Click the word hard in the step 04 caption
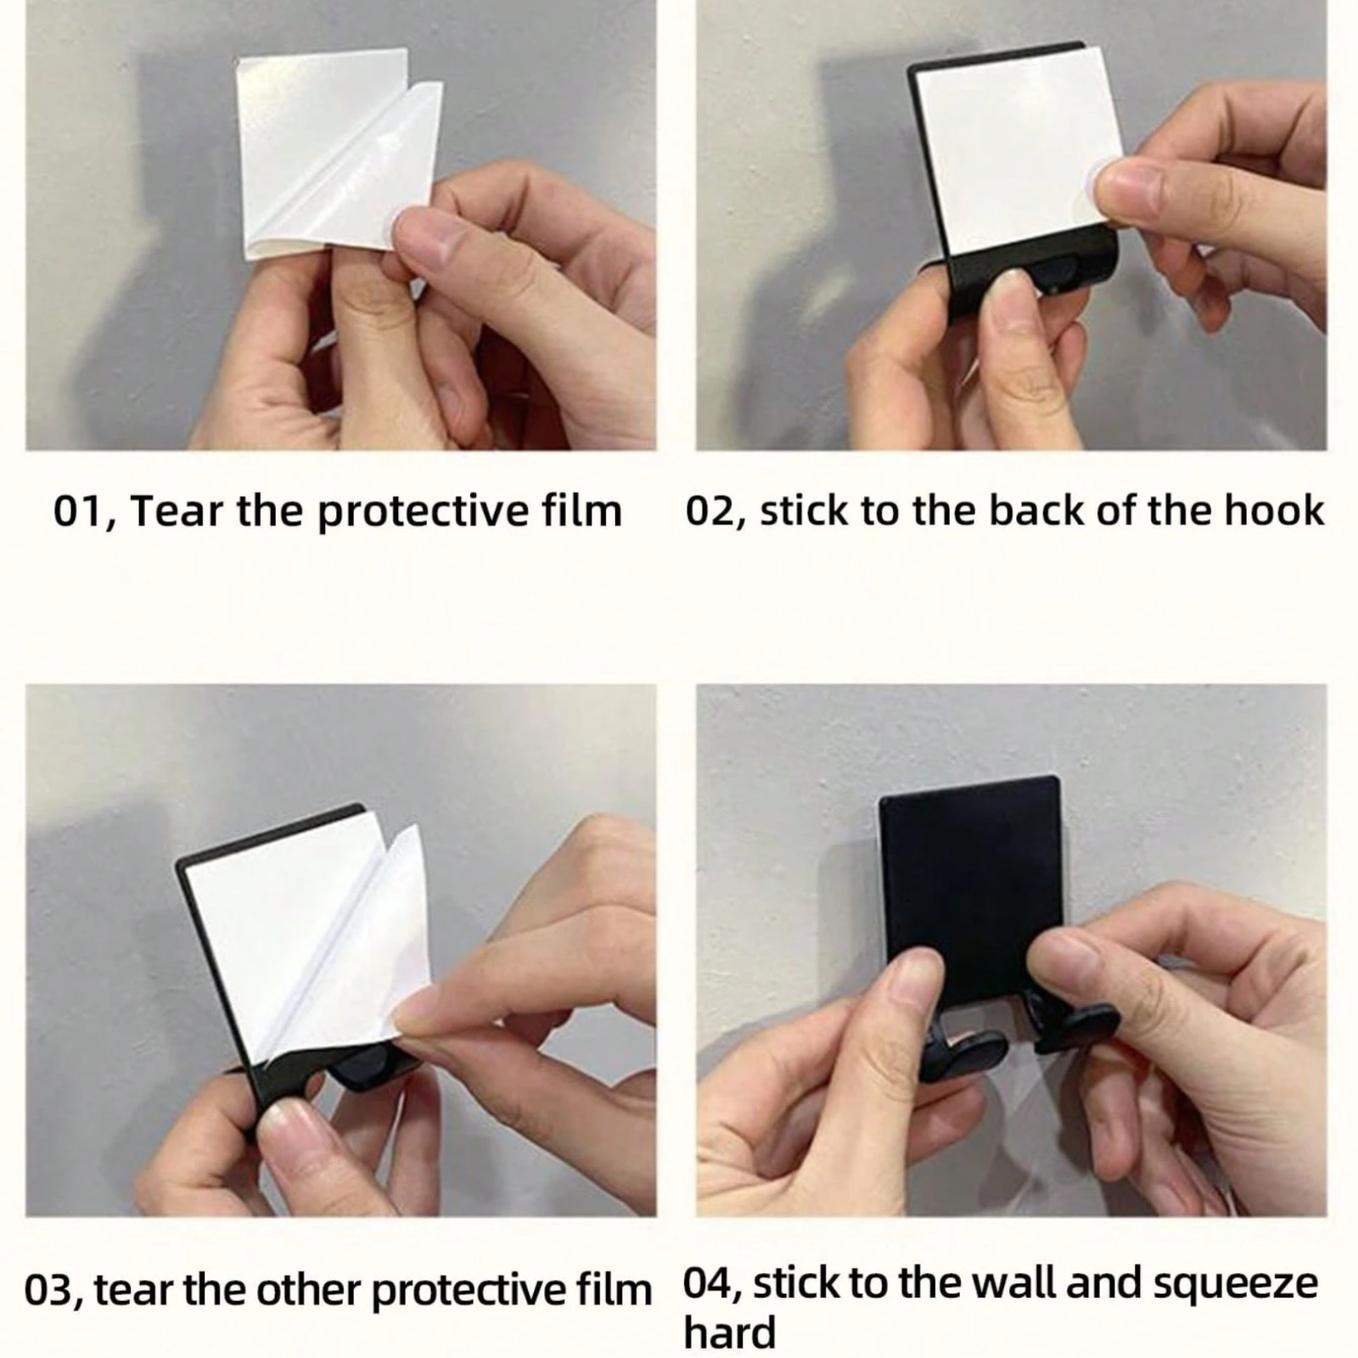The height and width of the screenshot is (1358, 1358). [x=730, y=1333]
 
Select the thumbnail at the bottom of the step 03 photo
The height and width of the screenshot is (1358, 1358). [x=289, y=1129]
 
